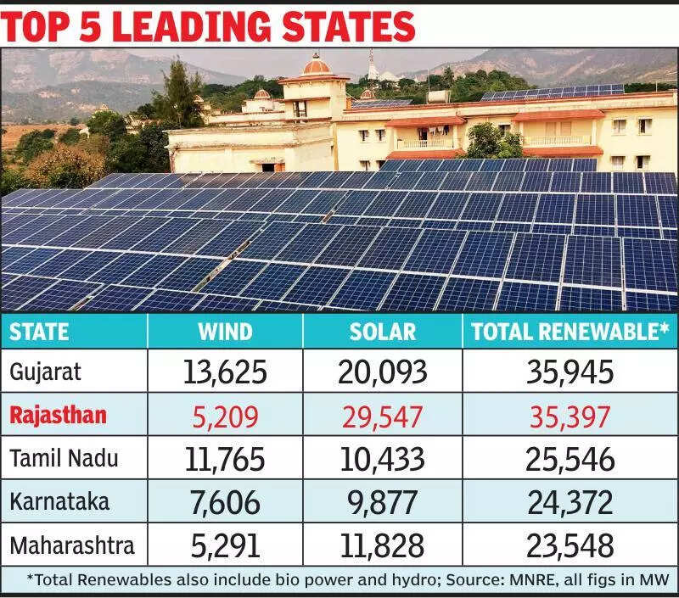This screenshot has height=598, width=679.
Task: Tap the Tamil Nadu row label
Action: point(65,459)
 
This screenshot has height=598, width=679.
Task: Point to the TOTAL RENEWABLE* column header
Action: point(570,331)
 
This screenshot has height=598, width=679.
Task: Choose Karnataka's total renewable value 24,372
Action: point(569,502)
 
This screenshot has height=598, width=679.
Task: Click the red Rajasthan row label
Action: point(59,415)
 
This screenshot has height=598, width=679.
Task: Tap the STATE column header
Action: point(40,331)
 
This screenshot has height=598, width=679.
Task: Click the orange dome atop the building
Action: point(316,64)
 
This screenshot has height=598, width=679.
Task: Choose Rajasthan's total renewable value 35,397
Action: point(569,415)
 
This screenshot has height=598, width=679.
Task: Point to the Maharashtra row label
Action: point(72,545)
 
